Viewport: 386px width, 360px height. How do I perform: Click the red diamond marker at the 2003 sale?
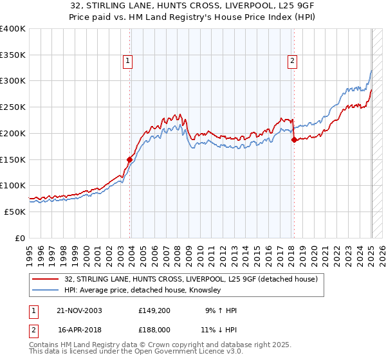(x=130, y=159)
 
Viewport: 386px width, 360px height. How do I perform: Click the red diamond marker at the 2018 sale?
(x=294, y=139)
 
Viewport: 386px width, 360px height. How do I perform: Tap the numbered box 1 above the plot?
(x=128, y=61)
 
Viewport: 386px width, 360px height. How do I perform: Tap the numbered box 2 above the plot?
(x=292, y=61)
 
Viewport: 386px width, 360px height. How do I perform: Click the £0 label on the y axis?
(x=21, y=238)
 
